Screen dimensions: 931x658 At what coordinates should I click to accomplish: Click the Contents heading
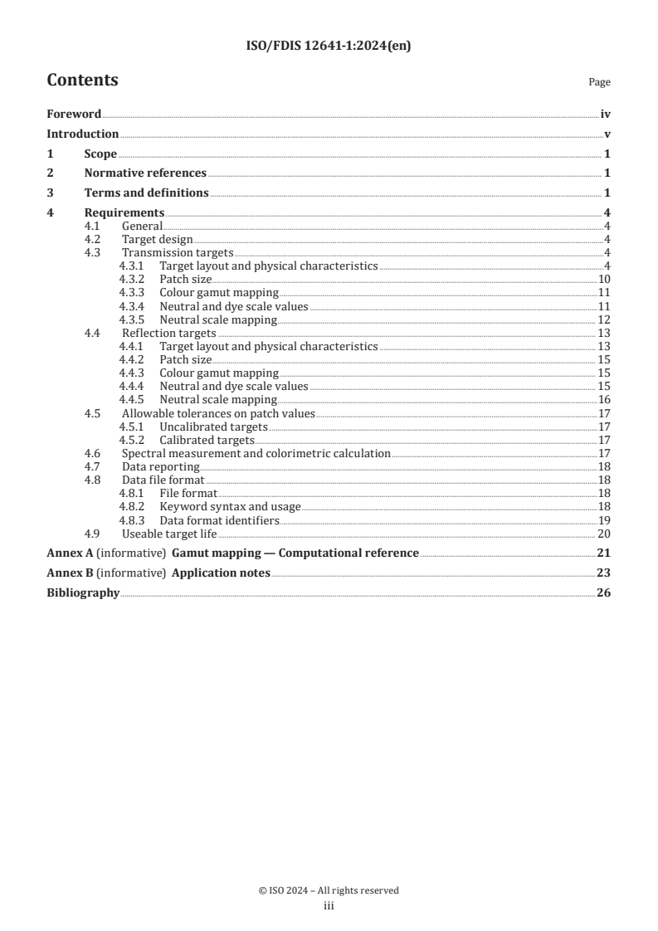tap(82, 80)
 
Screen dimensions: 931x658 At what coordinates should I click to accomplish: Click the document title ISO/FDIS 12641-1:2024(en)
tap(329, 46)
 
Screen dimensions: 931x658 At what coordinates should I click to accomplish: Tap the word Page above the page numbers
tap(599, 82)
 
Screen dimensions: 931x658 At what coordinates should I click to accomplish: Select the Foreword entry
tap(74, 115)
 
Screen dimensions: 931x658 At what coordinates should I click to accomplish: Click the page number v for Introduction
tap(607, 134)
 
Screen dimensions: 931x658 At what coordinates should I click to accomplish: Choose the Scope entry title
tap(100, 154)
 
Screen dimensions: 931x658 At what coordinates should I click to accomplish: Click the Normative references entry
tap(145, 173)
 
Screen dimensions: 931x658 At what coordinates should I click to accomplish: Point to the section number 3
tap(50, 193)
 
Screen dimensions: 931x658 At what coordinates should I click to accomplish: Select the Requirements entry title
tap(124, 213)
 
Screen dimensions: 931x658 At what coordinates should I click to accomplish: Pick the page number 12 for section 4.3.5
tap(604, 319)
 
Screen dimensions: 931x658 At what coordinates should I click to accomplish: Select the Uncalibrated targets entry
tap(213, 427)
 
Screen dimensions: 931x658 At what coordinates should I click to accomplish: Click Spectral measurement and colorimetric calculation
tap(256, 453)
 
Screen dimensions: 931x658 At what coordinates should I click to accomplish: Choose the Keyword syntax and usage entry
tap(230, 506)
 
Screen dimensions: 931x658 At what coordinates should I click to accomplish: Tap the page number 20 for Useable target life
tap(604, 533)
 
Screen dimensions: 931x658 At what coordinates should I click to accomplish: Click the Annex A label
tap(70, 553)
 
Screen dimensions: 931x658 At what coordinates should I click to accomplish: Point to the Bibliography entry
tap(83, 592)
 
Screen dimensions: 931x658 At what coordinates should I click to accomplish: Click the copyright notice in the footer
tap(329, 890)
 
